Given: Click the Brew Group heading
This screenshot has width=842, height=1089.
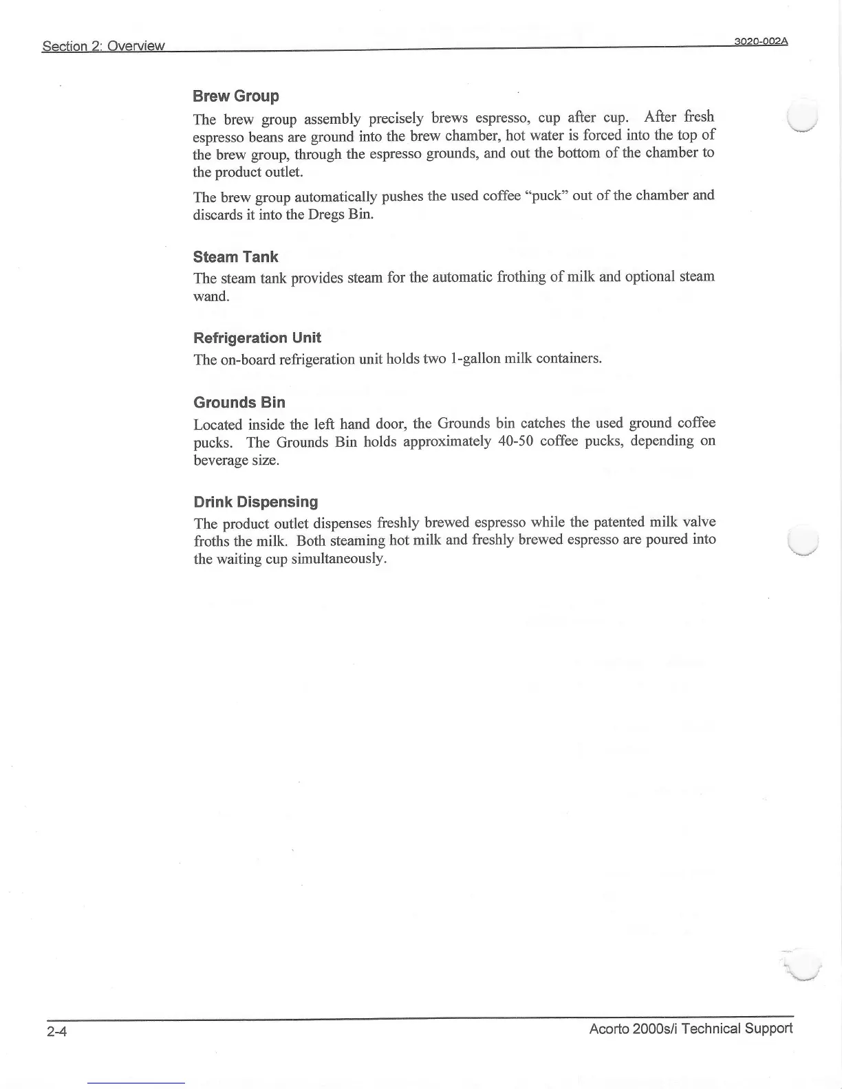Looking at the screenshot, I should (236, 96).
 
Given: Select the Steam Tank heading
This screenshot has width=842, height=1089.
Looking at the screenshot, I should (235, 257).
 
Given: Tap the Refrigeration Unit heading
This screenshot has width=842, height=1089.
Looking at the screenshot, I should (257, 338).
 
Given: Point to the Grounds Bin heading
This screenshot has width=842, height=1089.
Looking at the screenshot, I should (239, 402).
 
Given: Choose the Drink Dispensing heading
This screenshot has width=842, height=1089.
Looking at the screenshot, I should (255, 502).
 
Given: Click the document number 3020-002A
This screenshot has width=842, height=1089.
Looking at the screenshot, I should (760, 41).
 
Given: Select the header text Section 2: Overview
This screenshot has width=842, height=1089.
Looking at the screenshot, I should (103, 46).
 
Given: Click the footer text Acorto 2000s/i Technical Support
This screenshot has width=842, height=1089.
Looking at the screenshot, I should (691, 1028).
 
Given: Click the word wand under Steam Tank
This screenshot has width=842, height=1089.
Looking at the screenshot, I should (210, 296).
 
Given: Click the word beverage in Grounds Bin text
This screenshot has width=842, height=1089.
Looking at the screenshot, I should (217, 459).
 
